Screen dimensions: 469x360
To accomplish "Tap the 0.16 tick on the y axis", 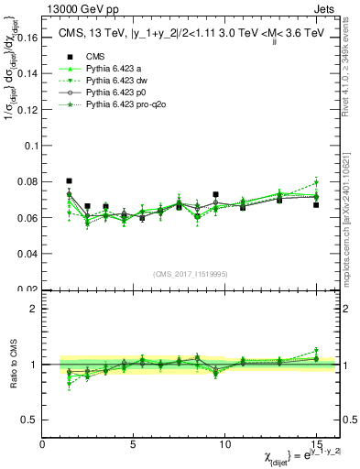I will tap(28, 38).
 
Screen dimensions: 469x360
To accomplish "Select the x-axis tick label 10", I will tap(225, 444).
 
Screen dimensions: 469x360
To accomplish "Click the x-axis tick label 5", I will tap(134, 444).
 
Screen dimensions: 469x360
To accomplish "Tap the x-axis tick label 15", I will tap(316, 444).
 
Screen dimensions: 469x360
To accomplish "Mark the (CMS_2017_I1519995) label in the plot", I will tap(191, 272).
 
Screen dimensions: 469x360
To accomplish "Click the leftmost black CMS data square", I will tap(70, 181).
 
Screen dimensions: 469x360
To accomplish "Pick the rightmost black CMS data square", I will tap(316, 204).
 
